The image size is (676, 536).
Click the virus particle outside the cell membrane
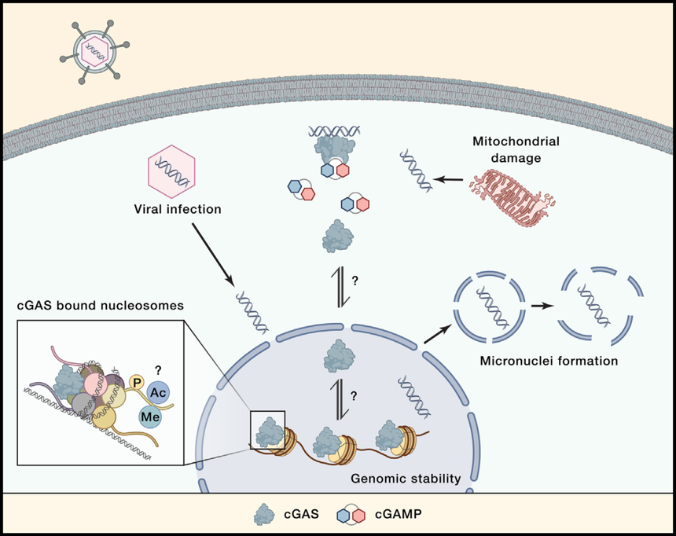coord(94,52)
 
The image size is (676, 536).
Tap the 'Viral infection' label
coord(178,210)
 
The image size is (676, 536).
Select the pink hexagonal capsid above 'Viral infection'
coord(171,171)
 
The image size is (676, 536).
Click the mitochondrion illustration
coord(513,197)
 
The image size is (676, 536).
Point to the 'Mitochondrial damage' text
coord(516,149)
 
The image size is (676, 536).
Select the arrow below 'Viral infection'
coord(213,255)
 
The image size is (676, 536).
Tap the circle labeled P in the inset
coord(137,383)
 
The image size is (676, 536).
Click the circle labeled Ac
coord(158,393)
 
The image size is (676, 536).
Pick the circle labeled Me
coord(150,417)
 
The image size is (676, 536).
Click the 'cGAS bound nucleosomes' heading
coord(100,306)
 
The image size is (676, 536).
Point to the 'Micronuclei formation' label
coord(549,361)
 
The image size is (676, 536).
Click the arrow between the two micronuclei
coord(542,306)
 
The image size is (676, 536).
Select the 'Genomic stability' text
coord(406,479)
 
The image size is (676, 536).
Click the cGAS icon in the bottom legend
coord(264,515)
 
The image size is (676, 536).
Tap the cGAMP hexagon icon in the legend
coord(351,515)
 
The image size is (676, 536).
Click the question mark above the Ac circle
coord(158,370)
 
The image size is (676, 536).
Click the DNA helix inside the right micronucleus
coord(594,304)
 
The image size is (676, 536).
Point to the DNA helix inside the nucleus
coord(414,396)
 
